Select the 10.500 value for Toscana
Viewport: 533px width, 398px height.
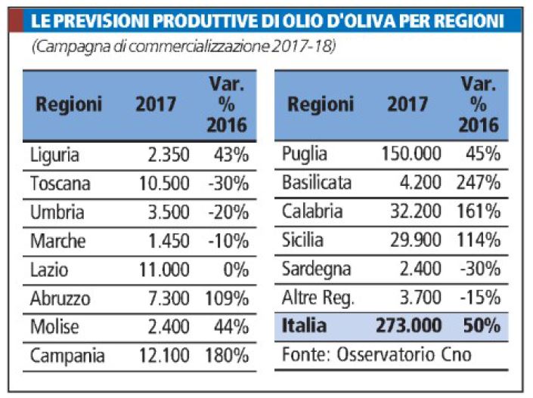coord(164,184)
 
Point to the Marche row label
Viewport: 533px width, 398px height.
coord(57,241)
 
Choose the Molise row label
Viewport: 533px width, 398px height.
coord(55,327)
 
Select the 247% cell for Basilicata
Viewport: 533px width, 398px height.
coord(479,183)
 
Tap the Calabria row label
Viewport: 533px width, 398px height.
coord(310,211)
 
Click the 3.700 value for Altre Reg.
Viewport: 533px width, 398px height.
coord(420,298)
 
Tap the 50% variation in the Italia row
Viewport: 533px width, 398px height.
coord(482,326)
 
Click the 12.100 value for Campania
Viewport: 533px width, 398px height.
coord(164,356)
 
